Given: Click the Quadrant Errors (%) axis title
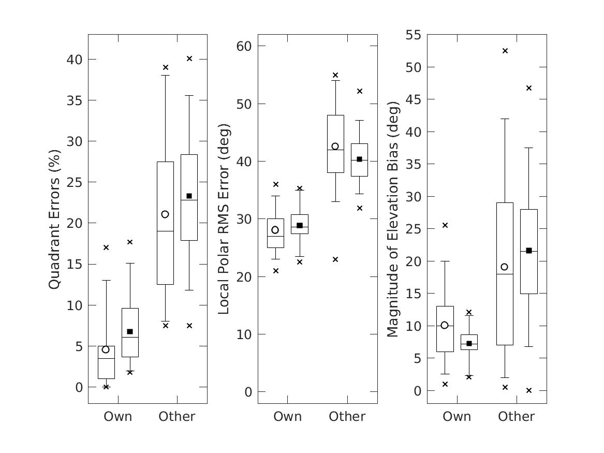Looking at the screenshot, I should pyautogui.click(x=55, y=220).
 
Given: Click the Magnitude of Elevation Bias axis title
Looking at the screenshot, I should pyautogui.click(x=393, y=220).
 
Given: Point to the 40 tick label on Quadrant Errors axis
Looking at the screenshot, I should pyautogui.click(x=74, y=60).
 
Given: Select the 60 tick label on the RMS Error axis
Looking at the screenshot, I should pyautogui.click(x=244, y=47).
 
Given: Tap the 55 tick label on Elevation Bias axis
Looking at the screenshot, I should pyautogui.click(x=414, y=35).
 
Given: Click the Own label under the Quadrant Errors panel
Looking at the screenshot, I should pyautogui.click(x=118, y=417).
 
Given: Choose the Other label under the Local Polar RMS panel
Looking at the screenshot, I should pyautogui.click(x=347, y=417).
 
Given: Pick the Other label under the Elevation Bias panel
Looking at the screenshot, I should pyautogui.click(x=517, y=417).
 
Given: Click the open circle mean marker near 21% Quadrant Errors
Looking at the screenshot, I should pyautogui.click(x=165, y=214).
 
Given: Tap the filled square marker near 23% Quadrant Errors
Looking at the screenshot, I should pyautogui.click(x=189, y=196).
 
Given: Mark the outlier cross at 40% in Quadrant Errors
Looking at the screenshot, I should pyautogui.click(x=189, y=59).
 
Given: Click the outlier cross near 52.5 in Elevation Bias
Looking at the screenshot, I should pyautogui.click(x=505, y=51).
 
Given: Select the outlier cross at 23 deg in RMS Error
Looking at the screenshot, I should pyautogui.click(x=335, y=259).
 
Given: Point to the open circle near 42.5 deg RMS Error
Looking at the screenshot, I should pyautogui.click(x=335, y=147).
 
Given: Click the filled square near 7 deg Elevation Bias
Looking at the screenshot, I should pyautogui.click(x=469, y=343).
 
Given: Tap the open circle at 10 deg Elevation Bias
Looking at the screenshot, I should pyautogui.click(x=445, y=325).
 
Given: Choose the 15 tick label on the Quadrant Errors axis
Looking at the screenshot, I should pyautogui.click(x=74, y=264).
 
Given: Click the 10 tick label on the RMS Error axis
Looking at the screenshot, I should pyautogui.click(x=244, y=334).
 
